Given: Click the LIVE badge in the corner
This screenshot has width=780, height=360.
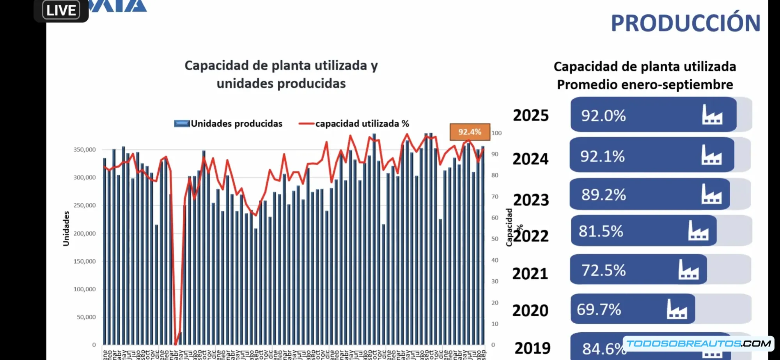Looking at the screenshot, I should [61, 10].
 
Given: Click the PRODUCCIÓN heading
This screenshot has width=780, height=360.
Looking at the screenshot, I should [685, 23].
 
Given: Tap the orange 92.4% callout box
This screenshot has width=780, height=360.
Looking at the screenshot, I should [470, 132].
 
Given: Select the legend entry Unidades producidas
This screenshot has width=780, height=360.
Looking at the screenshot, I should [236, 124].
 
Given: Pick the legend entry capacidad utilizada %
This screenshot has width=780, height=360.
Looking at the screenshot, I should [362, 124].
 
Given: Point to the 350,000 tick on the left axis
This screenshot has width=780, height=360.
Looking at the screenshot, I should [85, 150].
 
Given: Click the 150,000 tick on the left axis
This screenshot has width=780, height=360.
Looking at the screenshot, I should [85, 261].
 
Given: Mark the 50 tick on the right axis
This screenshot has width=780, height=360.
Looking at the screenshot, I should [495, 239].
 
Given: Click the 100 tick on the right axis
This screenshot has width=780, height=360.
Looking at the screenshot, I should [496, 133].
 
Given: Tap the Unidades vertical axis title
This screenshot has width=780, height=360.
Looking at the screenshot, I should [66, 229].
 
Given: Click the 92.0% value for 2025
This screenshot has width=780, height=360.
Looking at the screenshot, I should [603, 116].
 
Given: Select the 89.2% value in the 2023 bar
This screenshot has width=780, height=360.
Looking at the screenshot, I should [603, 195].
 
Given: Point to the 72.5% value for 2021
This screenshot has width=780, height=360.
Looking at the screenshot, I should [603, 270].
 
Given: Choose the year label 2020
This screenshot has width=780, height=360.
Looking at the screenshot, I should [530, 311].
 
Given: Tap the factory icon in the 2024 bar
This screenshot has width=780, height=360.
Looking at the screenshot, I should [711, 155].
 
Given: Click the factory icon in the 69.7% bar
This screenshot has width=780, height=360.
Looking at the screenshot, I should [677, 309].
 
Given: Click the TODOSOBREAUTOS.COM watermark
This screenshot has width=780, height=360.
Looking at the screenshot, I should [698, 344].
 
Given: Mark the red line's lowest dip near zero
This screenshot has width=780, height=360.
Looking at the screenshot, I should [175, 344].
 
